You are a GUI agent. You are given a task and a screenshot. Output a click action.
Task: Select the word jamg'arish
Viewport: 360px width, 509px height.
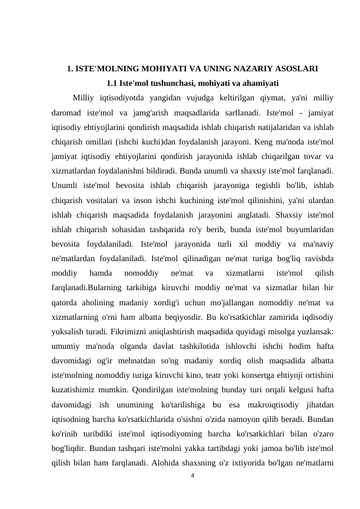click(x=162, y=112)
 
